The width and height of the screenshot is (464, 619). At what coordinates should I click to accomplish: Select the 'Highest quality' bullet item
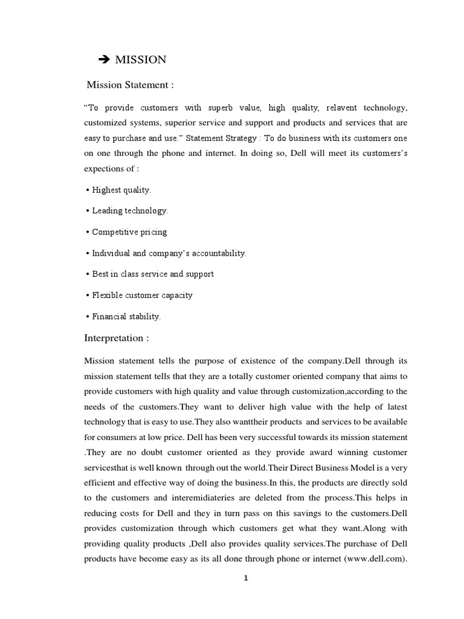pyautogui.click(x=120, y=190)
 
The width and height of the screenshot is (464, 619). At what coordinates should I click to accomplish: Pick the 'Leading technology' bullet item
pyautogui.click(x=128, y=211)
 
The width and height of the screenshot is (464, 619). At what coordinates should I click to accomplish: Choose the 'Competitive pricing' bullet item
pyautogui.click(x=127, y=232)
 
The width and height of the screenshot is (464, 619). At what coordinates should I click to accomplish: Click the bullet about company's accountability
pyautogui.click(x=167, y=253)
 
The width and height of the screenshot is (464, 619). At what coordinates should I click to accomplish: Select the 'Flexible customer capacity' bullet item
pyautogui.click(x=141, y=295)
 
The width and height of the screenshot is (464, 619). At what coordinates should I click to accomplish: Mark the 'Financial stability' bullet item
pyautogui.click(x=124, y=316)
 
